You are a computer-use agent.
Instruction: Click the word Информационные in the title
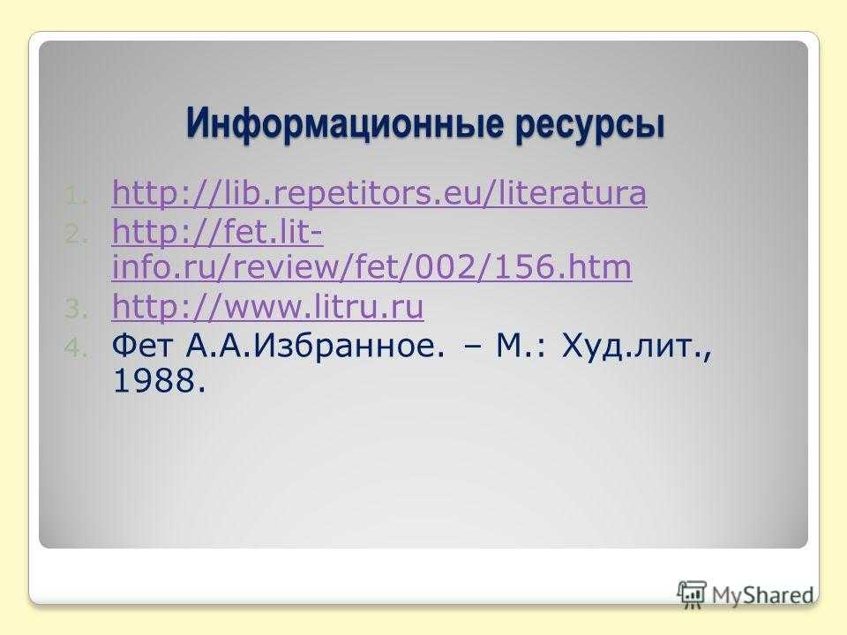click(x=344, y=124)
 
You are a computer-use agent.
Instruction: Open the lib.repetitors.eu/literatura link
click(x=379, y=193)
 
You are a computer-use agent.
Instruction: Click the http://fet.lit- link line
click(x=218, y=232)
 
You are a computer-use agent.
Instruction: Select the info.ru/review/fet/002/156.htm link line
click(x=371, y=266)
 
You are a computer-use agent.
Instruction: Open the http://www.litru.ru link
click(x=267, y=306)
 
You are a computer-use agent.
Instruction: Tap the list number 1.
click(x=75, y=196)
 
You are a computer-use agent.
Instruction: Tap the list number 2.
click(x=75, y=235)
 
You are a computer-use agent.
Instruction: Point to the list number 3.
click(x=75, y=309)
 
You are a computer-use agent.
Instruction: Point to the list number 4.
click(x=75, y=347)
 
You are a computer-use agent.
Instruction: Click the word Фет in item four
click(x=144, y=346)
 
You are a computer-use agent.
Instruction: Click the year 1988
click(x=160, y=380)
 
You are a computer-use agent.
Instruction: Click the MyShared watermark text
click(x=762, y=595)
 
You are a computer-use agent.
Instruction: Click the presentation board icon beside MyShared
click(x=692, y=594)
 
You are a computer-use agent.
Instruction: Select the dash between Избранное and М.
click(x=472, y=347)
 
